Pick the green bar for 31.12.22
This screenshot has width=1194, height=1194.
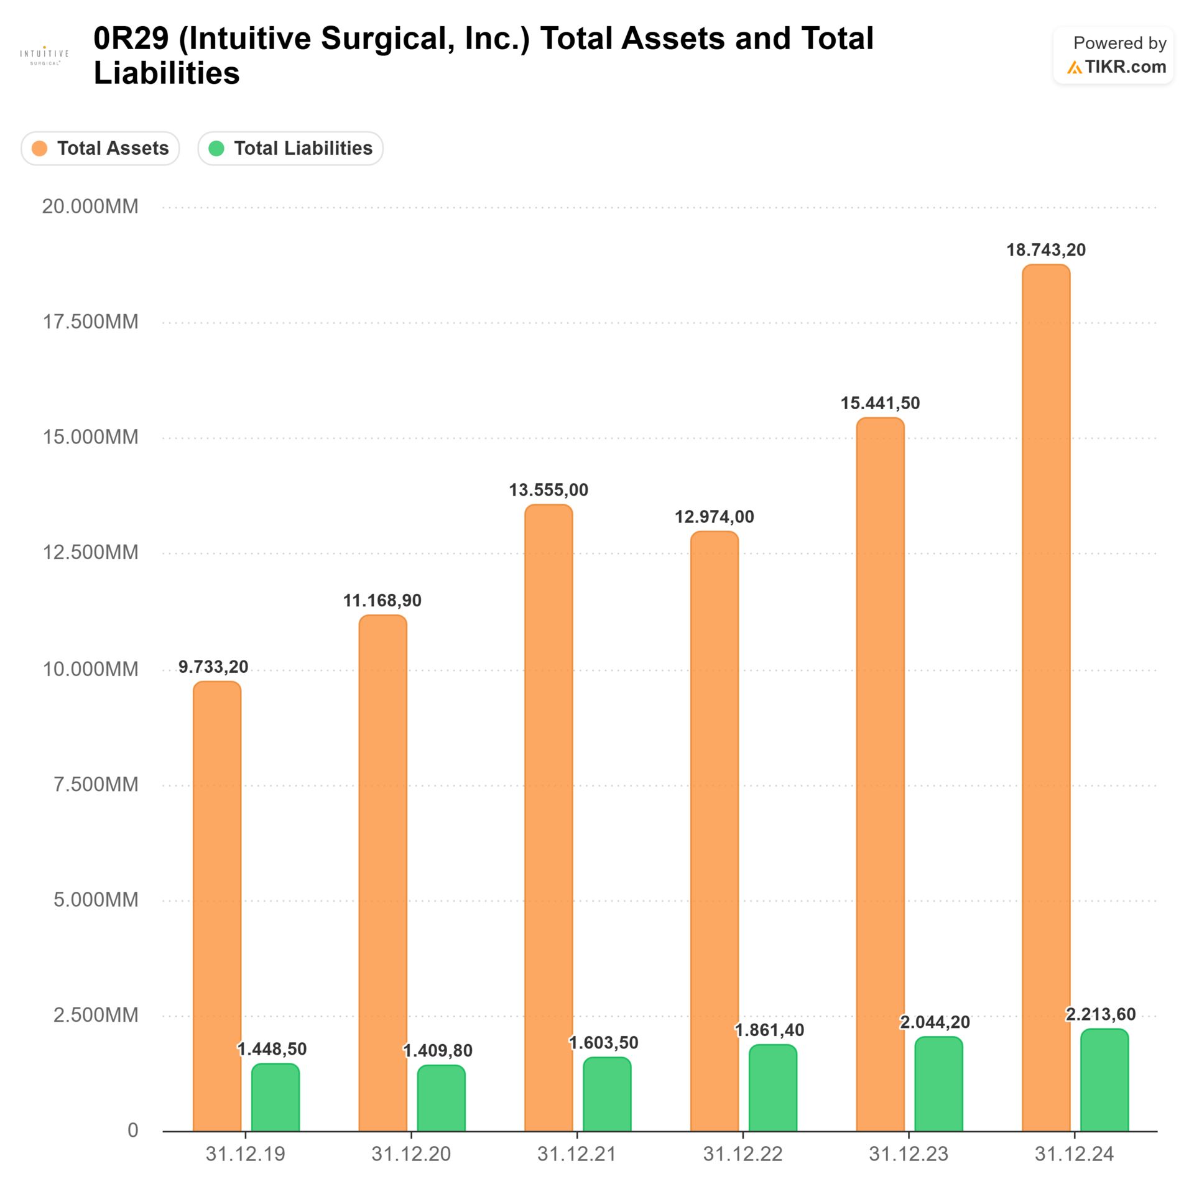point(772,1088)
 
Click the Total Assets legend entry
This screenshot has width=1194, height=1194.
point(100,149)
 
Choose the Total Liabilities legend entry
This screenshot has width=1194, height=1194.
point(290,149)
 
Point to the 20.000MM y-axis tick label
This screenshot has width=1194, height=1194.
point(90,206)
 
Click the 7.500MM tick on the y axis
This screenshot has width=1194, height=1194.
point(96,784)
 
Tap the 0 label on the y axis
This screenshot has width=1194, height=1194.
point(132,1130)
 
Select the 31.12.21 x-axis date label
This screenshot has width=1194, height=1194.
point(576,1154)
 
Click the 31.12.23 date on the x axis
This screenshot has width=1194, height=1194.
point(908,1154)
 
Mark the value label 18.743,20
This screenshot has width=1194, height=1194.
point(1046,250)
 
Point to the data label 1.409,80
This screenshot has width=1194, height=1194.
point(438,1050)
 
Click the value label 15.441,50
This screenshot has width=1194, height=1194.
point(880,403)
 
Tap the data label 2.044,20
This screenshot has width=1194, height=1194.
point(935,1022)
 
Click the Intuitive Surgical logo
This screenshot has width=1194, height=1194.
point(44,55)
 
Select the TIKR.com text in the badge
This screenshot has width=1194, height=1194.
point(1125,67)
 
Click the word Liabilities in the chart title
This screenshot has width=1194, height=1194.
point(167,73)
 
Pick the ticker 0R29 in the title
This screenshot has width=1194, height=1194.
point(131,39)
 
